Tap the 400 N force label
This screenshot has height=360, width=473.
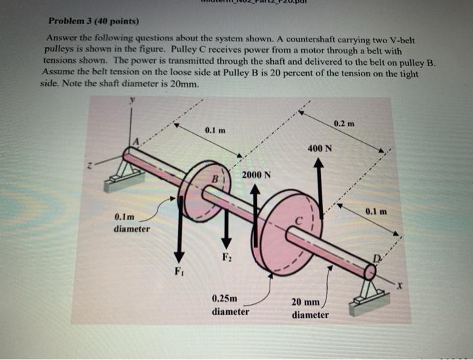click(x=318, y=148)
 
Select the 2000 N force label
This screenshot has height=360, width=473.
click(x=256, y=174)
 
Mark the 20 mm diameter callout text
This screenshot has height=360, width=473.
click(x=310, y=309)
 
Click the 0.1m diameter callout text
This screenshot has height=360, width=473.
click(x=132, y=223)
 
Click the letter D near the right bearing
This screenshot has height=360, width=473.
click(x=378, y=259)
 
